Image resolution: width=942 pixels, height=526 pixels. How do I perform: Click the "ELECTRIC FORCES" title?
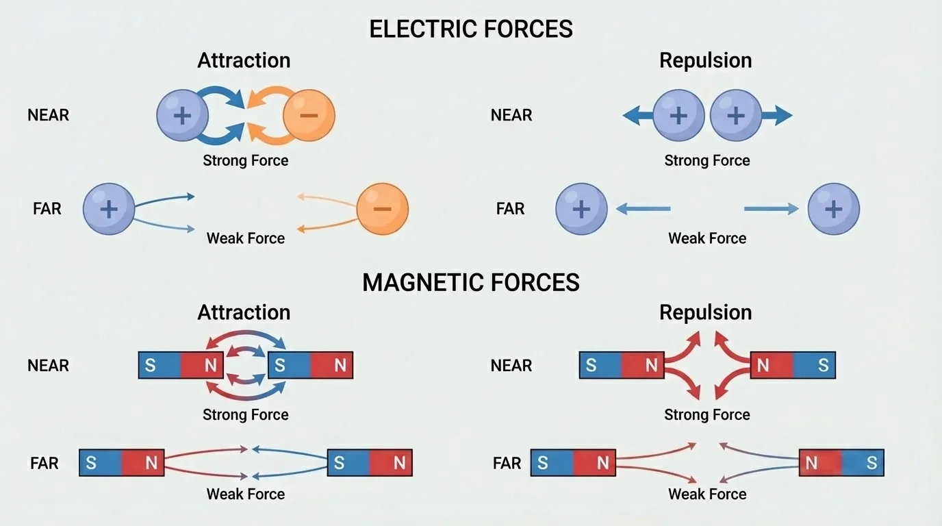[470, 29]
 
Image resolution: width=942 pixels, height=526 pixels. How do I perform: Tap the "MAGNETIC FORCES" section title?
[470, 282]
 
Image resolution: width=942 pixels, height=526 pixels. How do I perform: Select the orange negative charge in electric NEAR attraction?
[309, 115]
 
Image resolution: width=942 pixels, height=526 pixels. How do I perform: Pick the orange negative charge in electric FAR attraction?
[382, 209]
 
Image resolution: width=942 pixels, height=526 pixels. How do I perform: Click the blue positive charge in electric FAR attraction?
[109, 209]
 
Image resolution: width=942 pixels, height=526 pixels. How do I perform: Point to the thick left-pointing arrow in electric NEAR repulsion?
[637, 116]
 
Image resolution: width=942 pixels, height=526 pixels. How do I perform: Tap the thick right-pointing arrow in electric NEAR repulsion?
[777, 116]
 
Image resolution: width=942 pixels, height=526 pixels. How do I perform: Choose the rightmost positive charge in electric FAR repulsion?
[833, 209]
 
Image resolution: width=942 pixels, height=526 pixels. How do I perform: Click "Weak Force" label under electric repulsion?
[707, 238]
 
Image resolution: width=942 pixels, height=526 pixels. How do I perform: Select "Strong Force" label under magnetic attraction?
[245, 414]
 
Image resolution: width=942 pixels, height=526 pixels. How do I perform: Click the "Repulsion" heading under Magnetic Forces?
[705, 312]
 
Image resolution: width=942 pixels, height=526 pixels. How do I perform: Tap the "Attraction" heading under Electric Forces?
[244, 60]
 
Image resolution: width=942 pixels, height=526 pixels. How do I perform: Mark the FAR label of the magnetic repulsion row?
[507, 464]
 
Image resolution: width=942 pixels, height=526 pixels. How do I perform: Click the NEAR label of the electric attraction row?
[48, 115]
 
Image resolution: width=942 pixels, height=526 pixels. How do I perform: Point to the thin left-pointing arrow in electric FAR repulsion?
[643, 209]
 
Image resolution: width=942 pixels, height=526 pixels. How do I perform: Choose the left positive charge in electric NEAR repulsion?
[678, 115]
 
